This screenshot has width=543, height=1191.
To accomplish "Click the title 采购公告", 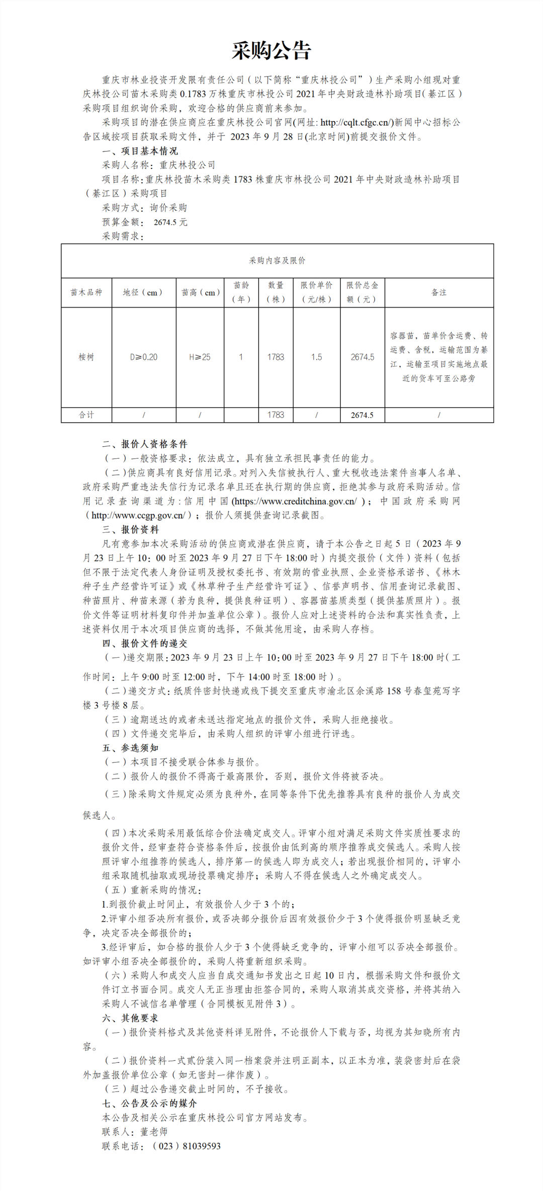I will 271,51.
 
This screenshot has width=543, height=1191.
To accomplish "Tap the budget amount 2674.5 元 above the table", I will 170,222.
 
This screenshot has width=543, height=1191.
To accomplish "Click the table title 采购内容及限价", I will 277,261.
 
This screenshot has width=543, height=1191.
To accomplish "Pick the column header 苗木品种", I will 86,292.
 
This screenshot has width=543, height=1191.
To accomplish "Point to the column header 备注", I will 439,292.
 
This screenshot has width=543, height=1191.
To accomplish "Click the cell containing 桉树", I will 86,357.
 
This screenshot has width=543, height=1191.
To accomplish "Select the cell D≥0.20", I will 144,357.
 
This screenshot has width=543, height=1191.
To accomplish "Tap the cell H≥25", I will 200,357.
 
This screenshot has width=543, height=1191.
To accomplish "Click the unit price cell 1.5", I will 316,357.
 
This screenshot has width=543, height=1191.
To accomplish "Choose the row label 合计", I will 86,415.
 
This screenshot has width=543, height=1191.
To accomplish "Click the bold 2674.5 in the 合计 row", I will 362,415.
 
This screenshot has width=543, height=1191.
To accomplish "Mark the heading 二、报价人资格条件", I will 145,444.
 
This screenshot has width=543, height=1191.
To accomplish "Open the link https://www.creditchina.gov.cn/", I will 296,502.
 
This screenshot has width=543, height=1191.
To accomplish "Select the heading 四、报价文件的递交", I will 145,644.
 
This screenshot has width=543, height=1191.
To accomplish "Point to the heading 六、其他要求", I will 130,1018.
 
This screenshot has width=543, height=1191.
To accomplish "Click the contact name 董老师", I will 154,1132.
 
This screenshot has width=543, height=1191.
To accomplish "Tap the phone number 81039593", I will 202,1146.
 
